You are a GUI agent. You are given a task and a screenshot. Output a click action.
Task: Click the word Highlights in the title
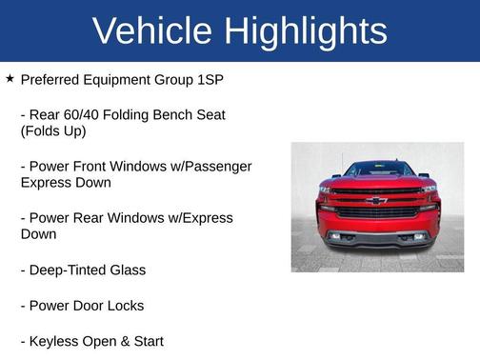point(306,31)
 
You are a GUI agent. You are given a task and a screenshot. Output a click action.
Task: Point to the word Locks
point(125,305)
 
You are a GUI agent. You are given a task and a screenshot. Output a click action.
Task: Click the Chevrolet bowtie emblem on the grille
point(377,202)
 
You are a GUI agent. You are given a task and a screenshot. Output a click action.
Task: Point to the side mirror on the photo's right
point(425,177)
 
